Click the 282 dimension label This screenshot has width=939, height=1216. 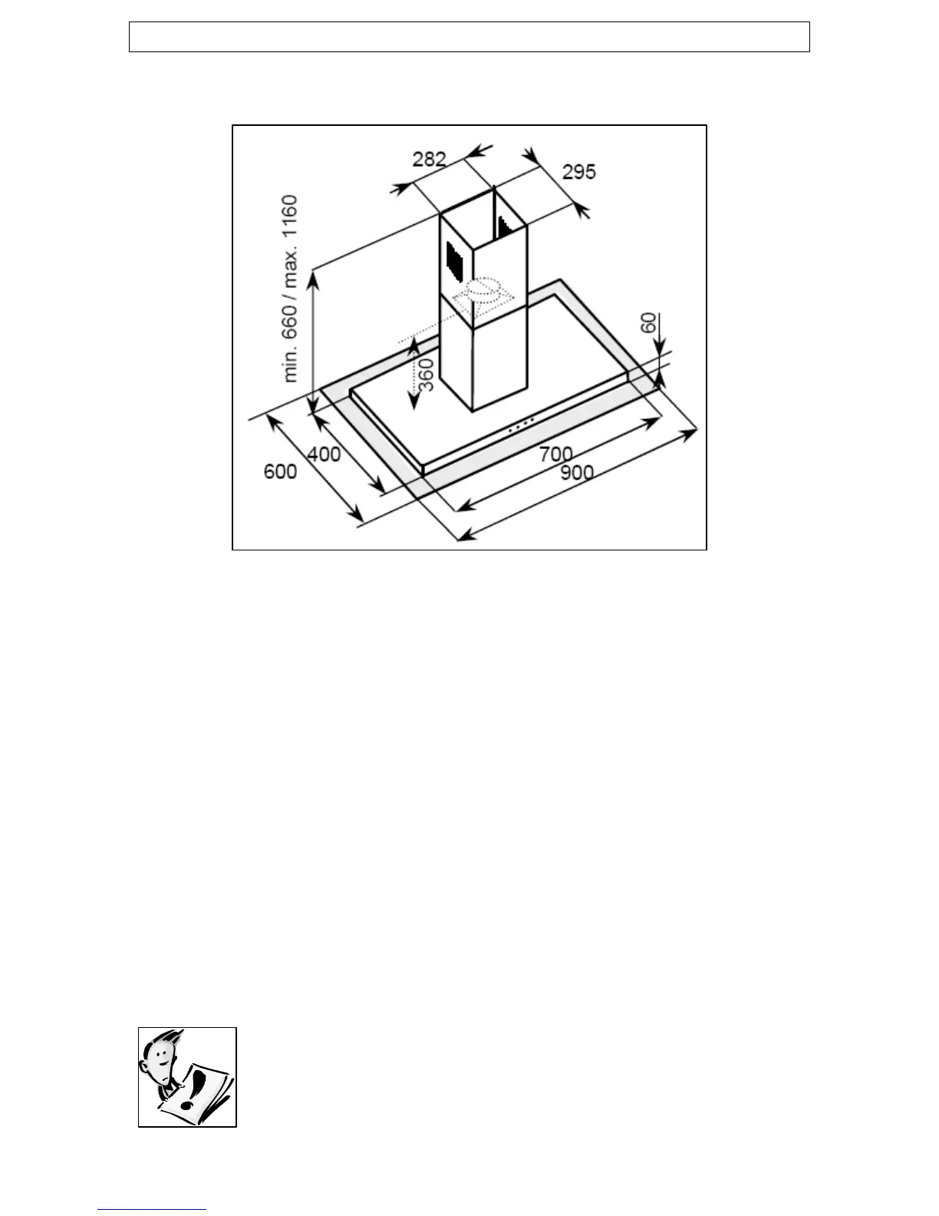[429, 159]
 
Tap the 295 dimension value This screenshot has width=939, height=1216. [578, 171]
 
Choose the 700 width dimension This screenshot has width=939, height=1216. [555, 454]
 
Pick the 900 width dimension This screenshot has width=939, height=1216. [576, 472]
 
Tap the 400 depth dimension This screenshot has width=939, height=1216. [324, 454]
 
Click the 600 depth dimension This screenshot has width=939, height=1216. [280, 471]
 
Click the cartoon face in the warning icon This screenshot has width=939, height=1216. [159, 1059]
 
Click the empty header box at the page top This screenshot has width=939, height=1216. [469, 37]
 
